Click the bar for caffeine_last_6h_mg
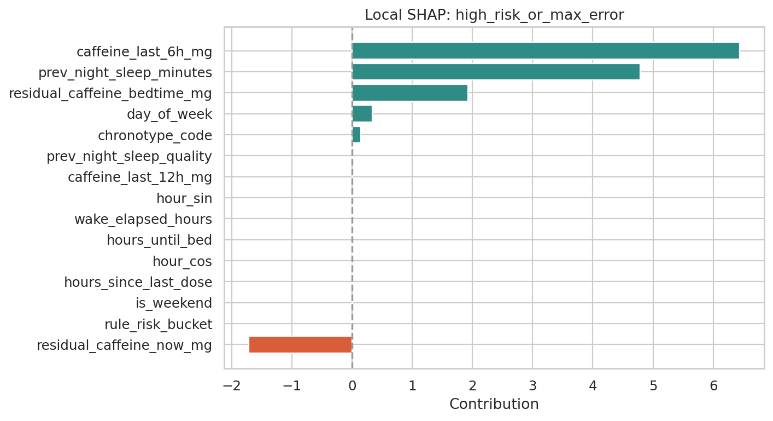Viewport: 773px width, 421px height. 545,51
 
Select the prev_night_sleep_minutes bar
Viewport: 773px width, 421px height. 495,72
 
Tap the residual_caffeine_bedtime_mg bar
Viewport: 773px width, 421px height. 409,93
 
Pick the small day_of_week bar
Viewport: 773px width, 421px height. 362,114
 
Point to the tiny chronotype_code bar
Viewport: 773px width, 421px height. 356,135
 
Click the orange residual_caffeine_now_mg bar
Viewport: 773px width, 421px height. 300,345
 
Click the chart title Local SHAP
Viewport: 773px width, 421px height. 494,15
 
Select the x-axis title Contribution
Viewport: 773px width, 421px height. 494,404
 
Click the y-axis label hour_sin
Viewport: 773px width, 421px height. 184,198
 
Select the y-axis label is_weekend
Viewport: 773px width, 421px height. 173,303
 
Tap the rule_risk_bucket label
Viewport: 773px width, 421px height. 158,324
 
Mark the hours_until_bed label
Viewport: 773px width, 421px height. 159,240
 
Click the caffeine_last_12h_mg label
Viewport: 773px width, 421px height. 139,177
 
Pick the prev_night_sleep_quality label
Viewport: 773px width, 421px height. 129,156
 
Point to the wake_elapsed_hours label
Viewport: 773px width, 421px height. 143,219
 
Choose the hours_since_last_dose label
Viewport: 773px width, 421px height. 138,282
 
